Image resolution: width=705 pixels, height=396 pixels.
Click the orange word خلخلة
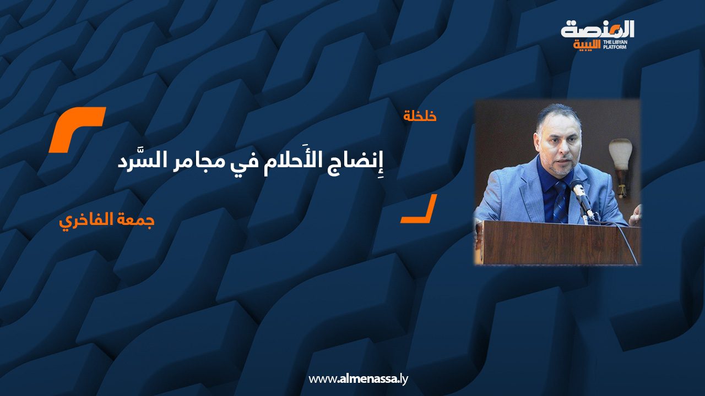pos(420,116)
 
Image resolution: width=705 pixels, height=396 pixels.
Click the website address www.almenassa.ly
pos(358,379)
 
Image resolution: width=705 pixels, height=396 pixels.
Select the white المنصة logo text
pos(598,30)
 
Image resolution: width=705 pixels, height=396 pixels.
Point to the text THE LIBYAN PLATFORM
pos(615,45)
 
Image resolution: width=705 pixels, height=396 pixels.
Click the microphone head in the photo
pos(577,185)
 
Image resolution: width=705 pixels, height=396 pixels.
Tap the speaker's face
pos(559,148)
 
